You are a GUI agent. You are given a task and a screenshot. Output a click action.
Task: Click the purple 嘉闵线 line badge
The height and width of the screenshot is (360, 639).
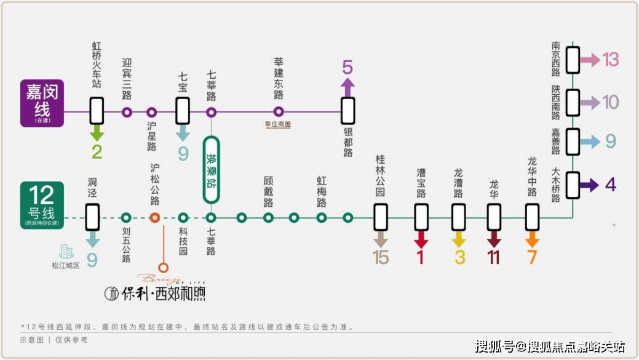42,103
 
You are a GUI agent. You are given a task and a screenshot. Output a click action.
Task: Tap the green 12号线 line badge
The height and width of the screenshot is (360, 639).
42,205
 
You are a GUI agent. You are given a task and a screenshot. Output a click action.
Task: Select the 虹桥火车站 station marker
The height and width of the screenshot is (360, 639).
97,112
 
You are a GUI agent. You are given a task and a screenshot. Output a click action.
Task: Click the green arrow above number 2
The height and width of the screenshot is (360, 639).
97,133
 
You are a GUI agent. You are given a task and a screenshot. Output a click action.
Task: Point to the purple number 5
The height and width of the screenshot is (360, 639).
347,67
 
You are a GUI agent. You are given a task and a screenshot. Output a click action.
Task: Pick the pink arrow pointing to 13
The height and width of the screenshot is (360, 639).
590,60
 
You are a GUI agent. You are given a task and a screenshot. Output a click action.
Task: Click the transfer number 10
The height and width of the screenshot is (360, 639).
611,102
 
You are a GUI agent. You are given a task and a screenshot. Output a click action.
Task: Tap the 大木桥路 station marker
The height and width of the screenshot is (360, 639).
573,185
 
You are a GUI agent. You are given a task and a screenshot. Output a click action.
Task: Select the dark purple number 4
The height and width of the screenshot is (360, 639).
610,185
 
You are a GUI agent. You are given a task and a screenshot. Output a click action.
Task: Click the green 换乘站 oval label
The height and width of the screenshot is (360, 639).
212,170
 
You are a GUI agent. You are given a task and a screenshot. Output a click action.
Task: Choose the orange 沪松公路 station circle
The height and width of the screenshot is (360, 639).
155,217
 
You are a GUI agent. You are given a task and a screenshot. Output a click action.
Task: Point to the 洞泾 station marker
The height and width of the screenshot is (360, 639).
92,217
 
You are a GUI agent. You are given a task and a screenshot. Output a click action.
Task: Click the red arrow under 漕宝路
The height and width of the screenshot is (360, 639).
421,239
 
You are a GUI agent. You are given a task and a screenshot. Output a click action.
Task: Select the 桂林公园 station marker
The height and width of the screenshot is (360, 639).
381,217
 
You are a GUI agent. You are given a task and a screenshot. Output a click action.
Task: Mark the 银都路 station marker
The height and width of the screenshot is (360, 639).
348,111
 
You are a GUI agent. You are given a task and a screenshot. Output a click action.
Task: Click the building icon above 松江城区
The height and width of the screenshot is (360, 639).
66,251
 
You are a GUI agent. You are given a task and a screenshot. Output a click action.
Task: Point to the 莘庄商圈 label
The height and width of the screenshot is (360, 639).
277,125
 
